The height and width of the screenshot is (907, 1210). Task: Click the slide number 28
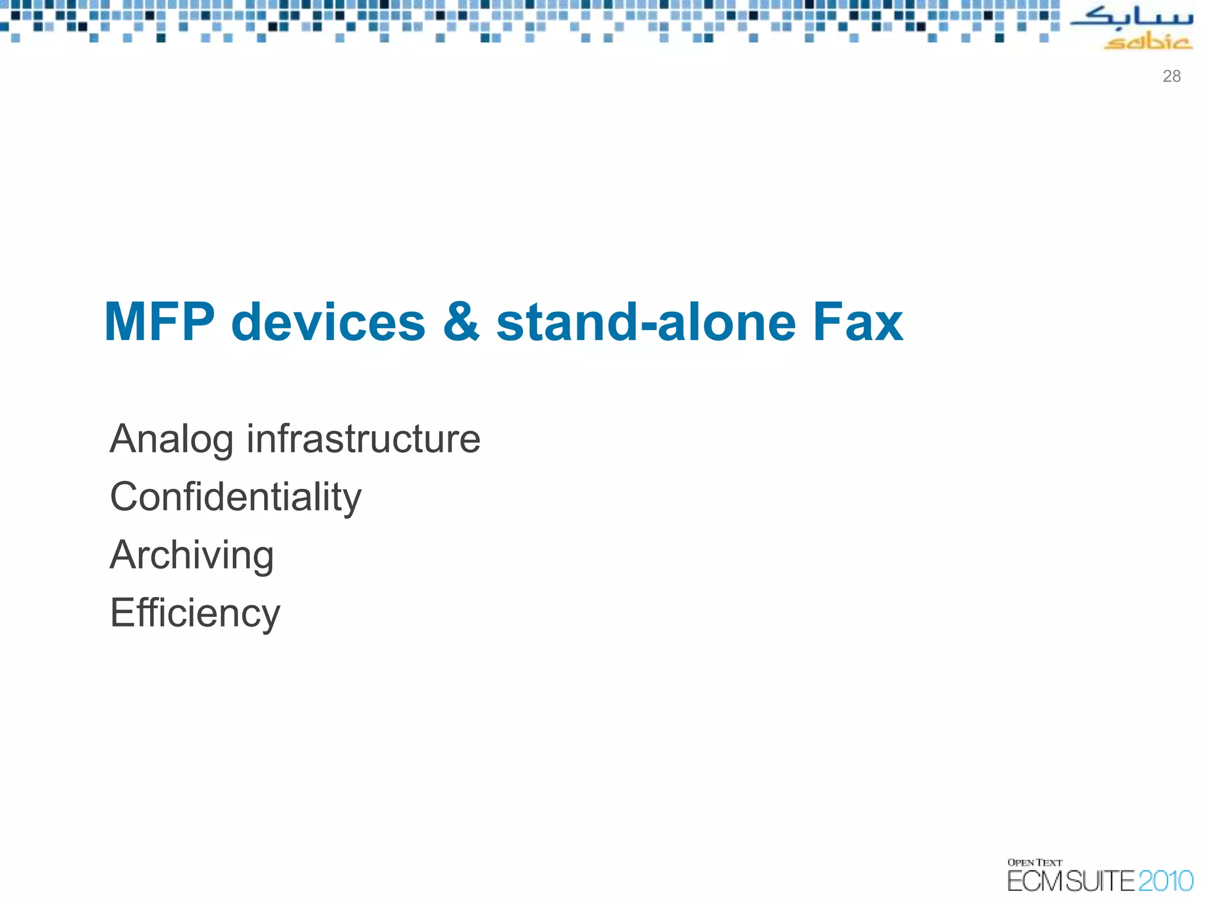point(1171,76)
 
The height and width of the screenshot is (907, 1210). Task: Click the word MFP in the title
point(159,322)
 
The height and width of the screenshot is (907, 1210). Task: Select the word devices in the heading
point(328,322)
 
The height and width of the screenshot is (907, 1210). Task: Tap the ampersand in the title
point(461,322)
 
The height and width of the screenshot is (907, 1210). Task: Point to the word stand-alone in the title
point(646,322)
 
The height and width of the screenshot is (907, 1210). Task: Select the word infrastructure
point(363,439)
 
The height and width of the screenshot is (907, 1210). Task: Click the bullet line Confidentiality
point(235,497)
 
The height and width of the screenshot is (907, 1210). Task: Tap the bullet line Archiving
point(191,556)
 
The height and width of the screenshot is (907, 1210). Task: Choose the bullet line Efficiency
point(195,614)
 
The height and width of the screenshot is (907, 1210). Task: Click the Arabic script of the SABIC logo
point(1131,18)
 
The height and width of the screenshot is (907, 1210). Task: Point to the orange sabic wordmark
point(1147,42)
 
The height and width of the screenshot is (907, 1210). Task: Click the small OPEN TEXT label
point(1035,863)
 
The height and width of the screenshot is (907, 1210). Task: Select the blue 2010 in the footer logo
point(1165,881)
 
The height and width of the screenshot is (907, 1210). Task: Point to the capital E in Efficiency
point(121,613)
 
